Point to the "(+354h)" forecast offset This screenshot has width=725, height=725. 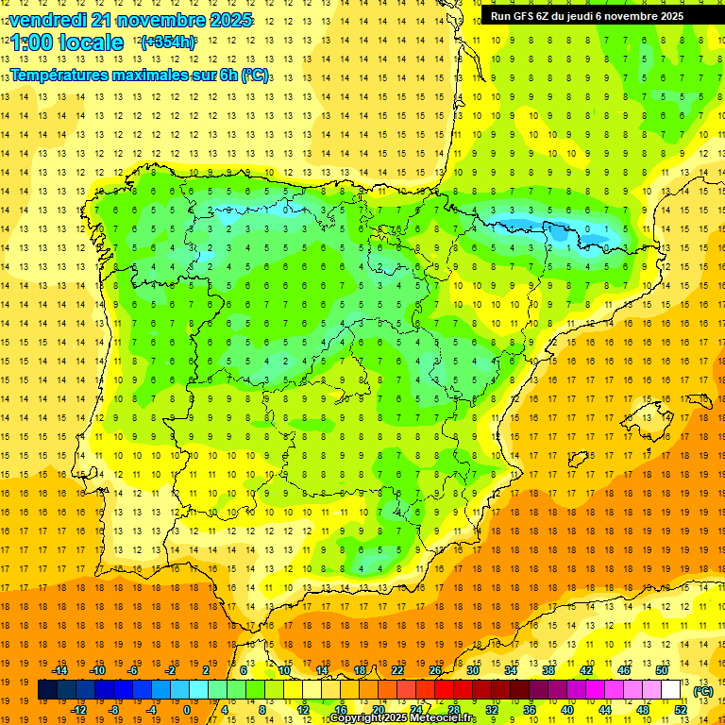pyautogui.click(x=168, y=42)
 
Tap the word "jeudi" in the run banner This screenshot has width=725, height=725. pyautogui.click(x=576, y=16)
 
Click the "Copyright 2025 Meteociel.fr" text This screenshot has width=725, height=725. pyautogui.click(x=403, y=718)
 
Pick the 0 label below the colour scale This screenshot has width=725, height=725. pyautogui.click(x=187, y=709)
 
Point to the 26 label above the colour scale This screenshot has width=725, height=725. pyautogui.click(x=435, y=670)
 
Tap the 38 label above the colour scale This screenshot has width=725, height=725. pyautogui.click(x=548, y=670)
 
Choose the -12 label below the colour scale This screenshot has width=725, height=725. pyautogui.click(x=78, y=709)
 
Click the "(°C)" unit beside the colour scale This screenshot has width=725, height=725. pyautogui.click(x=702, y=691)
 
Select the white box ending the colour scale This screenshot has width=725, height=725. pyautogui.click(x=671, y=690)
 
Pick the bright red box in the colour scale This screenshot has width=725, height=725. pyautogui.click(x=445, y=690)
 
